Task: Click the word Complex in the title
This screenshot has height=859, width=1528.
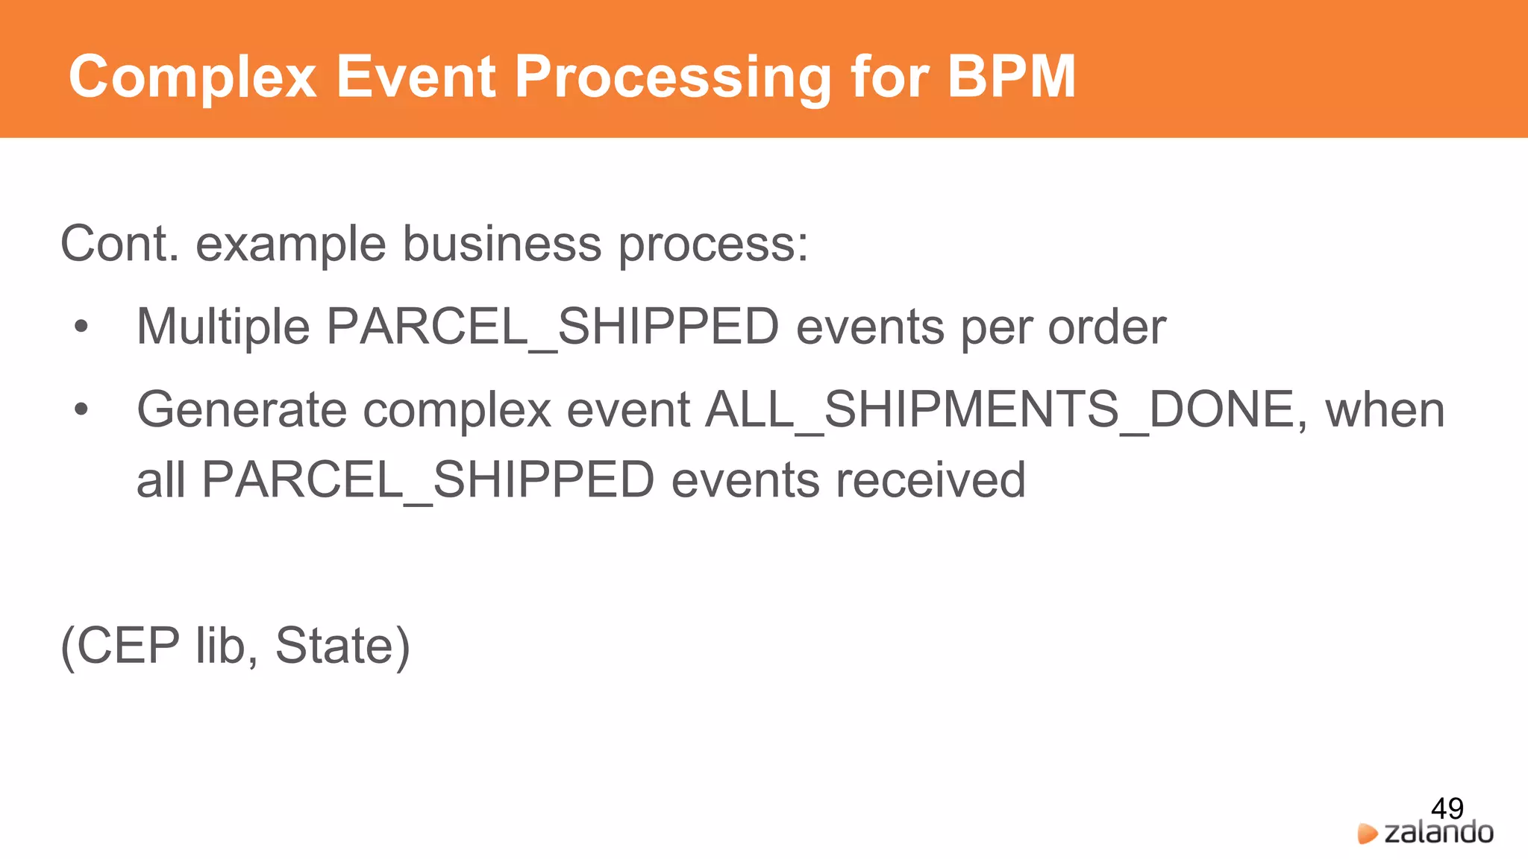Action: click(192, 77)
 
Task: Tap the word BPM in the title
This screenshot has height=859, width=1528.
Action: click(1011, 77)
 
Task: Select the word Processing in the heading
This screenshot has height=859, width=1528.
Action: click(672, 78)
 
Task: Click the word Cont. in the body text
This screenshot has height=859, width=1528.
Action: click(119, 244)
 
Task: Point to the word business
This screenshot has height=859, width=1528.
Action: click(501, 244)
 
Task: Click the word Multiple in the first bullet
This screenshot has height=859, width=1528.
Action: click(223, 327)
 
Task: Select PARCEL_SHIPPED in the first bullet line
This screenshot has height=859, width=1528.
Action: click(553, 327)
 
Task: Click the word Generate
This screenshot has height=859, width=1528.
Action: click(242, 410)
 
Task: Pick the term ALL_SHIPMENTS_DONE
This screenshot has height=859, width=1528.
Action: click(1004, 410)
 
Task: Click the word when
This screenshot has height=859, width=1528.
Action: click(1385, 410)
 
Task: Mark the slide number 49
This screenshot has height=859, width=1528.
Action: click(1447, 808)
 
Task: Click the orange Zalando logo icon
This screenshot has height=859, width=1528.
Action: click(1367, 834)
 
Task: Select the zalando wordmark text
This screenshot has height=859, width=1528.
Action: click(1438, 832)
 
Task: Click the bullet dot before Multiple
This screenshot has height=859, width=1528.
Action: click(81, 327)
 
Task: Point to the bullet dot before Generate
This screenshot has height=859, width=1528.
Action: click(81, 409)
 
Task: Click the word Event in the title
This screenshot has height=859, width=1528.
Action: click(416, 77)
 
